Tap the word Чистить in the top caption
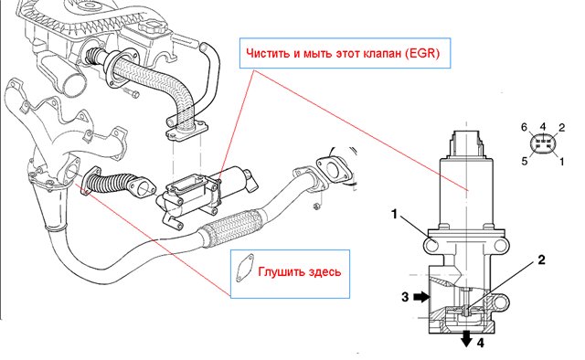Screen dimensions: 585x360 coord(268,53)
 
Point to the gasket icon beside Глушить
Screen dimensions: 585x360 coord(244,268)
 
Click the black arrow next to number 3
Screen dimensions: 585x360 coord(422,297)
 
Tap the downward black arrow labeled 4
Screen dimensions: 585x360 coord(466,339)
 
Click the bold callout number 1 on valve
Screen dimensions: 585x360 coord(394,215)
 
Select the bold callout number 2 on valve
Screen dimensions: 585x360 coord(541,259)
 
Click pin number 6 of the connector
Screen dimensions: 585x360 coord(525,128)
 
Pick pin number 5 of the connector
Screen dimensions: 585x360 coord(525,161)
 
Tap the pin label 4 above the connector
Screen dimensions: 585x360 coord(543,127)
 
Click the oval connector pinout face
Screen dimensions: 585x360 coord(543,144)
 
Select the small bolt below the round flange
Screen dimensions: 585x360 coord(131,92)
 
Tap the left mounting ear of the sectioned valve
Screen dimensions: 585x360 coord(431,246)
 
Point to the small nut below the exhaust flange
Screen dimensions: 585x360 coord(317,206)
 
